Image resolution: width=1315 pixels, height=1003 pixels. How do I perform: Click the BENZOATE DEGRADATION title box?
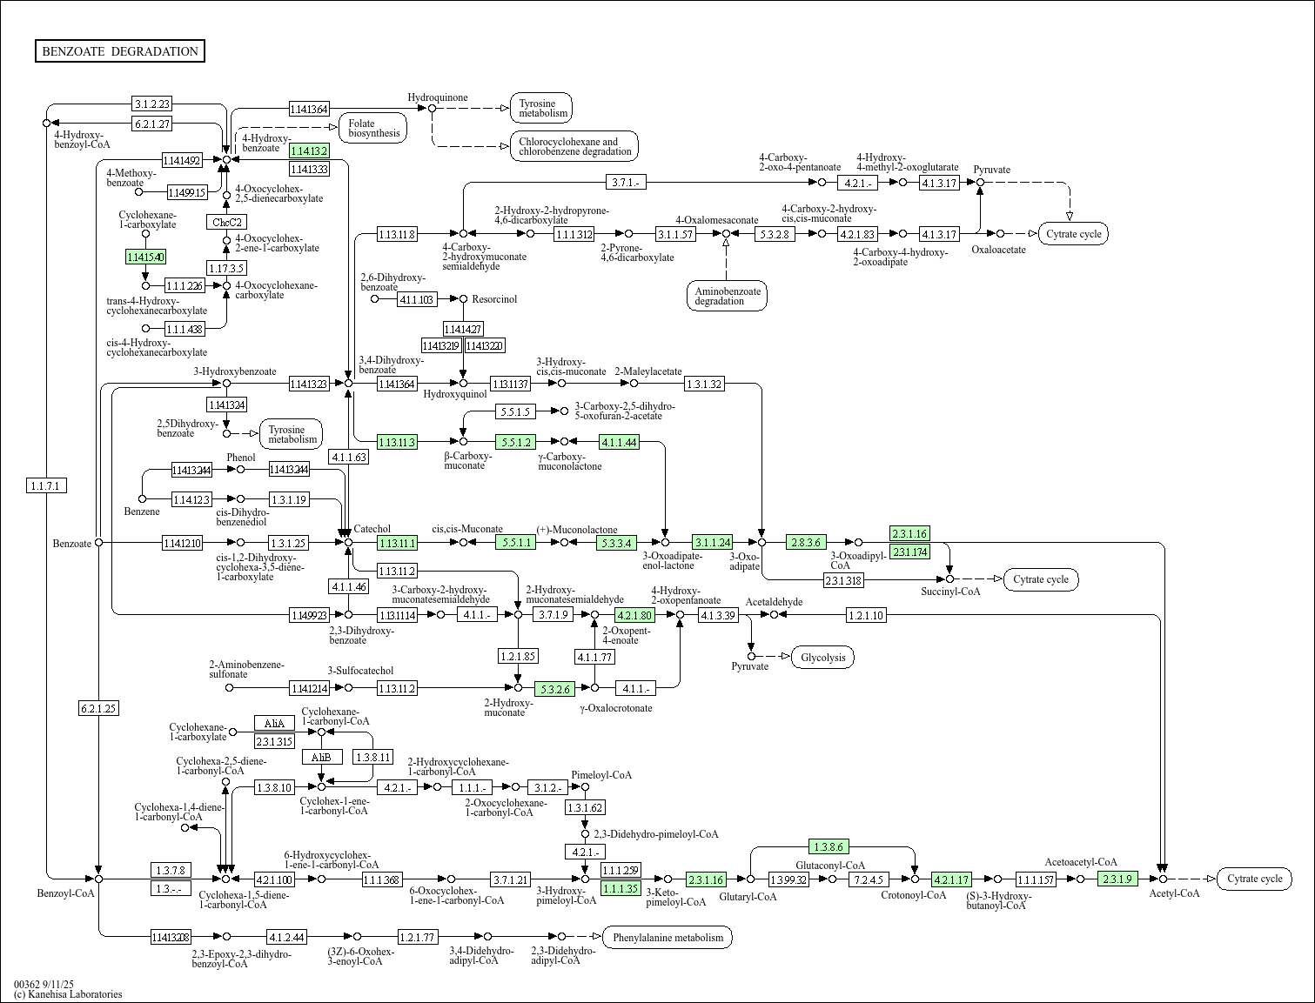click(x=120, y=51)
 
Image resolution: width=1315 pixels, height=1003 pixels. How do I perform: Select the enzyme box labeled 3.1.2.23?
click(x=151, y=104)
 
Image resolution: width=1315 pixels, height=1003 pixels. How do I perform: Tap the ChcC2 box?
click(x=226, y=222)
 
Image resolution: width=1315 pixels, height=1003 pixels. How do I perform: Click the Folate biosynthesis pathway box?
click(x=373, y=129)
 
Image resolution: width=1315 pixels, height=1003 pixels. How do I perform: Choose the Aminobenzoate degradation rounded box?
click(x=727, y=296)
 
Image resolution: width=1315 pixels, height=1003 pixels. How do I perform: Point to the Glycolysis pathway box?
click(x=822, y=658)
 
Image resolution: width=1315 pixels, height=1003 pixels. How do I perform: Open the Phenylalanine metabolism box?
click(x=668, y=937)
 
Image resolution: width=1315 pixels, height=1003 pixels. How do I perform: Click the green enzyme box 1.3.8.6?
click(x=829, y=846)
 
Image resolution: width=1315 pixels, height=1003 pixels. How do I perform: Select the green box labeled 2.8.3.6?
click(x=806, y=542)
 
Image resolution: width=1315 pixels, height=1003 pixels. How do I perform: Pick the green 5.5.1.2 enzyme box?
click(x=514, y=442)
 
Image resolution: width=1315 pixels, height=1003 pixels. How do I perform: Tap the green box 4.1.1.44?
click(x=619, y=442)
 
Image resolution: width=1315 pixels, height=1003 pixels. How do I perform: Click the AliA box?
click(x=274, y=723)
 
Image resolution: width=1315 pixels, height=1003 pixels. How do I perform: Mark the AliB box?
click(x=321, y=757)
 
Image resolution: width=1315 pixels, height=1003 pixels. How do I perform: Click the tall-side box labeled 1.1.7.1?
click(x=47, y=485)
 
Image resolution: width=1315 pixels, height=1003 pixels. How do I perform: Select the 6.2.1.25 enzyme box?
click(x=98, y=708)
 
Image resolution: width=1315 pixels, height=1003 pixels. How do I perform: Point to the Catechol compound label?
click(x=372, y=529)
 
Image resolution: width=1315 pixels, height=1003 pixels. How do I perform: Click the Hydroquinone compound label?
click(x=438, y=97)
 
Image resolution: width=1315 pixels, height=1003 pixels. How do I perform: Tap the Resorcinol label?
click(x=494, y=299)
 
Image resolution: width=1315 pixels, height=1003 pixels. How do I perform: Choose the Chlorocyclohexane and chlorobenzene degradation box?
click(x=574, y=146)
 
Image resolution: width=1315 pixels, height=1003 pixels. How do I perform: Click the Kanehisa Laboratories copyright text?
click(x=68, y=994)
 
